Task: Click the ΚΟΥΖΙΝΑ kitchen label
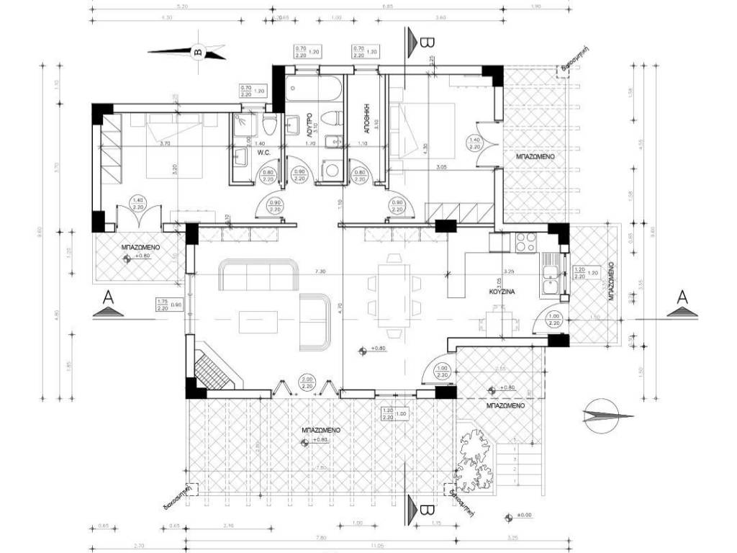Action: click(501, 295)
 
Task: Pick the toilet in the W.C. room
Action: click(270, 125)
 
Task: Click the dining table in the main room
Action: click(393, 295)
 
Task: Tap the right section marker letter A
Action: click(679, 297)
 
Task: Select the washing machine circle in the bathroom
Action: click(331, 171)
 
